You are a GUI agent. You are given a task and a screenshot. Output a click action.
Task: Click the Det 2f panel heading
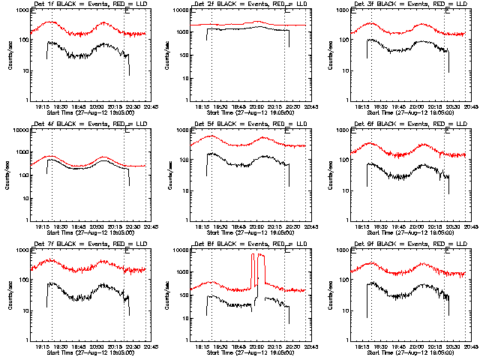coord(245,5)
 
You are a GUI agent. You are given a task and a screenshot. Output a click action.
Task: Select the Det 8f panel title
coord(245,244)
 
